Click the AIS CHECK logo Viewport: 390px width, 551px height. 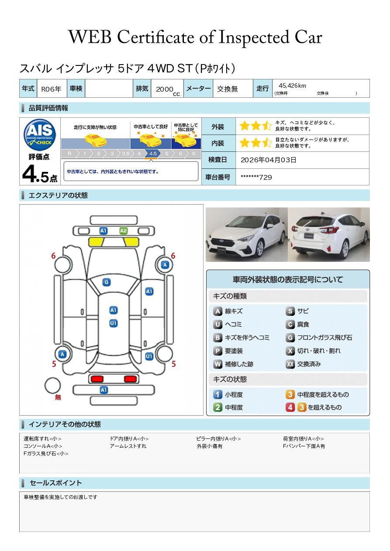click(40, 135)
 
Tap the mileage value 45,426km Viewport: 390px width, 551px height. click(292, 86)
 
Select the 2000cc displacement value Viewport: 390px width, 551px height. click(168, 90)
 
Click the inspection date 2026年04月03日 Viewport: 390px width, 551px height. click(269, 160)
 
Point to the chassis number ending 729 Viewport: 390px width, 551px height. click(256, 177)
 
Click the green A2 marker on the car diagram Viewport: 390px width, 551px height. click(123, 231)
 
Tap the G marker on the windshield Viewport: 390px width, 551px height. click(107, 282)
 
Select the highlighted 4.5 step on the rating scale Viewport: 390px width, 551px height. click(153, 154)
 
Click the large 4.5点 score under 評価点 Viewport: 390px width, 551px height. click(40, 174)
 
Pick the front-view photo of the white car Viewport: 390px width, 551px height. click(247, 234)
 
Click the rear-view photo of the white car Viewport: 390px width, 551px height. click(329, 234)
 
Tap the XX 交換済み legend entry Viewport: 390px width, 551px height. click(304, 364)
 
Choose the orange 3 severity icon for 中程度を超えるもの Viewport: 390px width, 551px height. click(290, 394)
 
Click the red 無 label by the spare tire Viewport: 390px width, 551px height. click(58, 397)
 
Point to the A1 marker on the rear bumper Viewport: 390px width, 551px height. click(104, 390)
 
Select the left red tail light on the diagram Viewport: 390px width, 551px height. click(97, 379)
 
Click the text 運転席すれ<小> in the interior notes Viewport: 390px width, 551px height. click(42, 438)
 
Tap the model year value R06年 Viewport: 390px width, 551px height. click(51, 89)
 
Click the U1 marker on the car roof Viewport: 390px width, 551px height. click(113, 323)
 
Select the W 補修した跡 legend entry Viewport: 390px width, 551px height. click(233, 364)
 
